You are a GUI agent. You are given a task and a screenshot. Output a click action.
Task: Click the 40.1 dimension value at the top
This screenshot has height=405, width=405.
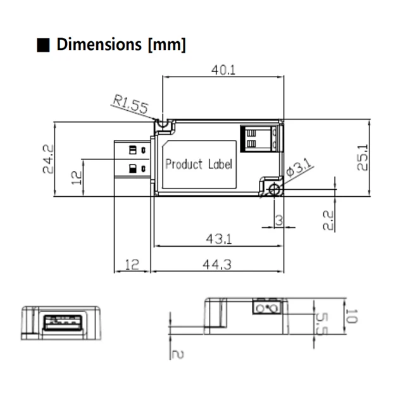coord(223,70)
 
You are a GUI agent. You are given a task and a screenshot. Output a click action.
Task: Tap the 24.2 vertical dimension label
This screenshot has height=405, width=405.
coord(47,159)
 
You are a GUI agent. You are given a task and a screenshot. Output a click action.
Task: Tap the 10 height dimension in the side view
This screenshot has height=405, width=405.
coord(352,316)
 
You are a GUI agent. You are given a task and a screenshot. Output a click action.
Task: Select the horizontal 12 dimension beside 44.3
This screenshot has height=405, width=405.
coord(132,265)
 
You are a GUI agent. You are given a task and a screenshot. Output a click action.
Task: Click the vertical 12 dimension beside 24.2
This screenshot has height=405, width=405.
coord(77,177)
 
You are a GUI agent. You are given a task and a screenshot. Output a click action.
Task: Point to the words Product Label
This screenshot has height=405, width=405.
coord(199,164)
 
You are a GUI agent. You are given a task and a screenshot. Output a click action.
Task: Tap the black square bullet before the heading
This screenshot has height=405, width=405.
coord(44,46)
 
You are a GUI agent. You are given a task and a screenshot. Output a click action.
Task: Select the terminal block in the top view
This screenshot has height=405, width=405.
coord(260,138)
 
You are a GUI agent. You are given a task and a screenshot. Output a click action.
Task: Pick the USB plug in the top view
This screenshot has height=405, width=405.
coord(133,159)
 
